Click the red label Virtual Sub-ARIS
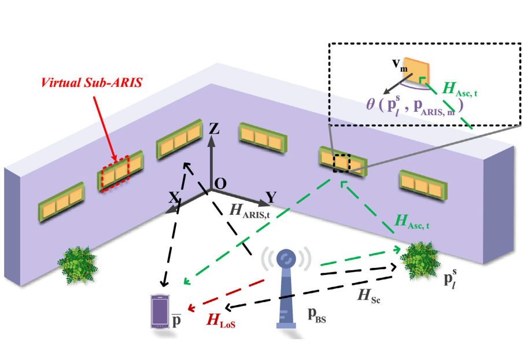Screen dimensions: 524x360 coord(91,82)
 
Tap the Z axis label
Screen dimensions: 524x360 coord(213,128)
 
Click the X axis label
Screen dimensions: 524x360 coord(174,197)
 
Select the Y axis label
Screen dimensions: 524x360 coord(271,197)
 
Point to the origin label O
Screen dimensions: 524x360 coord(220,183)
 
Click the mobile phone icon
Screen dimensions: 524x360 coord(160,311)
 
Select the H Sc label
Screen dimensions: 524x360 coord(368,296)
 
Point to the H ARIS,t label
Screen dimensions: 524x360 coord(249,211)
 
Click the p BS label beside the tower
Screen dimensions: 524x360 coord(316,315)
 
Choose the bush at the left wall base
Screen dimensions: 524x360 coord(77,265)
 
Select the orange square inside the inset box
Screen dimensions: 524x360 coord(416,70)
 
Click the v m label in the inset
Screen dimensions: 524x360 coord(400,65)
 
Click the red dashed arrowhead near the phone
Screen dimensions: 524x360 coord(191,308)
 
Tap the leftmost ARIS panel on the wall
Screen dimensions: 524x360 coord(61,202)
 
